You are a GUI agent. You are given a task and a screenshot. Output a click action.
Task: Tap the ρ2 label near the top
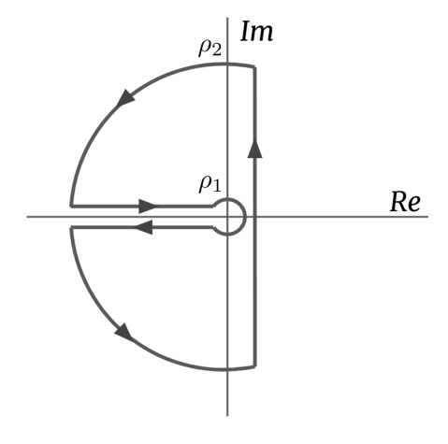tap(210, 47)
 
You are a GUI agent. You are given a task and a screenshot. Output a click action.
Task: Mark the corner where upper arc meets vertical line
tap(255, 65)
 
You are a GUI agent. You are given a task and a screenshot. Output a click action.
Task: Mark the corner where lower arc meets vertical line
tap(255, 367)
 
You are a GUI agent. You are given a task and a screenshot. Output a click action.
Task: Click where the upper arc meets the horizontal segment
tap(71, 205)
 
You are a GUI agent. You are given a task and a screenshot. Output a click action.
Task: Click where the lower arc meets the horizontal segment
tap(71, 228)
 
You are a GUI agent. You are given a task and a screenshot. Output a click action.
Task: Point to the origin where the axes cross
tap(229, 217)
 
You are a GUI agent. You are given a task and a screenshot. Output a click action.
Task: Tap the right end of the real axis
tap(427, 217)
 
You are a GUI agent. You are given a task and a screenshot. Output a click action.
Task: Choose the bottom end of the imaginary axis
tap(229, 414)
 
